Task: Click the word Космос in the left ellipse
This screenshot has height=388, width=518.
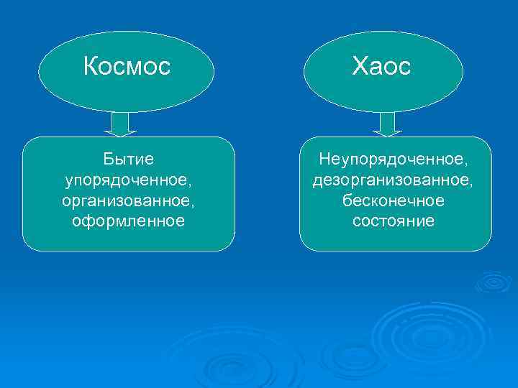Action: point(127,67)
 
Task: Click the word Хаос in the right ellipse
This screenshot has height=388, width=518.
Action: point(381,67)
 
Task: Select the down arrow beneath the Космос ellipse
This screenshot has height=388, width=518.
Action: point(120,124)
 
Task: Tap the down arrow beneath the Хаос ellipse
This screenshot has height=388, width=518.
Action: point(387,124)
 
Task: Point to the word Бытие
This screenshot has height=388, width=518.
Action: point(129,157)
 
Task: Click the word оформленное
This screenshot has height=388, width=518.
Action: point(129,220)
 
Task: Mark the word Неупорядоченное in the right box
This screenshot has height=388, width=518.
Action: point(394,157)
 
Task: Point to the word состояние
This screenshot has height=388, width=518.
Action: point(394,220)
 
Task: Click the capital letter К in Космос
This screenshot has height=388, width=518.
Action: point(91,67)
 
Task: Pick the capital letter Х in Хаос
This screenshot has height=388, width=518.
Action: point(359,67)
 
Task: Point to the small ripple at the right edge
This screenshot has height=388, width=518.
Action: point(494,282)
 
